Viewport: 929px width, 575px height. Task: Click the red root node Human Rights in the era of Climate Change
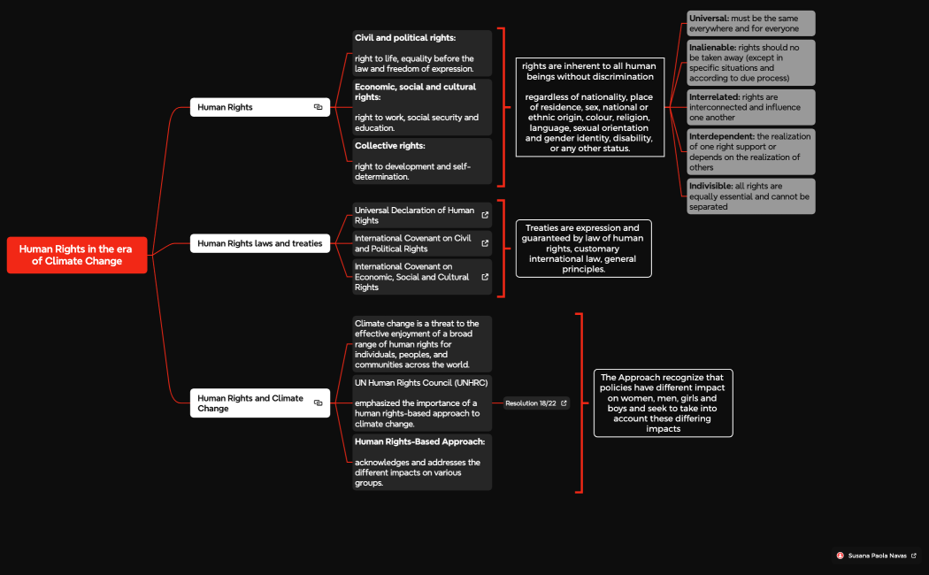pos(77,255)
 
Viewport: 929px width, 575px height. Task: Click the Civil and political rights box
pos(422,53)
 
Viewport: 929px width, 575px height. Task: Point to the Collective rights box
pos(422,161)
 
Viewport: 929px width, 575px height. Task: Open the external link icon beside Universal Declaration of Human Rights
pos(485,215)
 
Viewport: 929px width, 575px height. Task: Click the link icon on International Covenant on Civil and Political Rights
pos(485,243)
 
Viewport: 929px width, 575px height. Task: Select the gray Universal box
pos(750,23)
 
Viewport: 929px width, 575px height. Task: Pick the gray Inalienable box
pos(750,63)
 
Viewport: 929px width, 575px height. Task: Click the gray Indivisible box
pos(750,196)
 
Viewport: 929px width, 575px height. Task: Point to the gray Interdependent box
pos(750,152)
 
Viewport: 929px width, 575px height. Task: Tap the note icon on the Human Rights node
pos(319,107)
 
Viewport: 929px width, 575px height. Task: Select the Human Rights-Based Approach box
pos(422,462)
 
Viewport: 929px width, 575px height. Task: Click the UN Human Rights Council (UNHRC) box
pos(422,402)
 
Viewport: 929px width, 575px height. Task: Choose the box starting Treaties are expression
pos(583,249)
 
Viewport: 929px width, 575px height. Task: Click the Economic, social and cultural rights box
pos(422,107)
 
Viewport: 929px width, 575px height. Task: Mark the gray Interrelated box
pos(750,107)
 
